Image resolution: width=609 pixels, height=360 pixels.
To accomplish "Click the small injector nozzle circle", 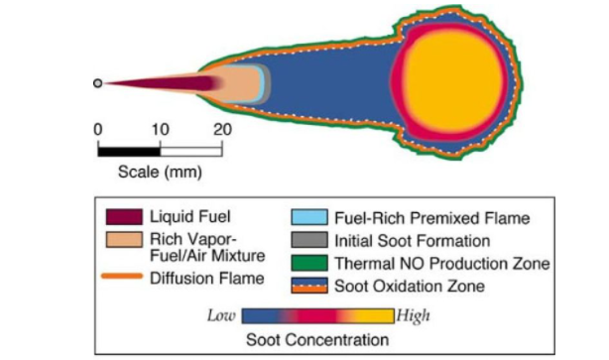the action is point(97,83).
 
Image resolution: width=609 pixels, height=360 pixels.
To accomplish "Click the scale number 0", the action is point(97,129).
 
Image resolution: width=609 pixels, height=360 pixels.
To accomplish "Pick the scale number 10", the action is point(159,129).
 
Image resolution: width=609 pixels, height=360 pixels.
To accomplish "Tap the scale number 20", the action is point(222,129).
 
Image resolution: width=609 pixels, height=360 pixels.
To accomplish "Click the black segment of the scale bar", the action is point(128,150).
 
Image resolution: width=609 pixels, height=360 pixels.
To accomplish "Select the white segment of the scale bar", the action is point(190,150).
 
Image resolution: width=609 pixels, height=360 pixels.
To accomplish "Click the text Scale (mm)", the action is point(160,171).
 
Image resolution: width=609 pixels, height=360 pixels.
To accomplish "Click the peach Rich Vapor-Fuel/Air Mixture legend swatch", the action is point(122,241).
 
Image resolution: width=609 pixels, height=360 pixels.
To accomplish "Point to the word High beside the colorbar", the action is point(413,316).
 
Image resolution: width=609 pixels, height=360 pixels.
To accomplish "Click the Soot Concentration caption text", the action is point(318,340).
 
